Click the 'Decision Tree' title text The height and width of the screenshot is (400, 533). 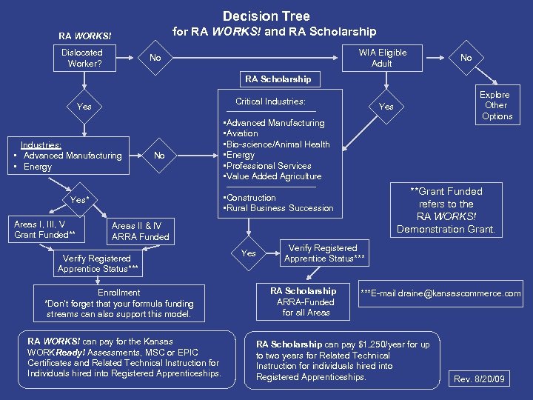tap(266, 16)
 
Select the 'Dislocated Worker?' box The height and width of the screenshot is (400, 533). tap(82, 58)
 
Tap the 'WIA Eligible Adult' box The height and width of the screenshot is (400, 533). tap(382, 58)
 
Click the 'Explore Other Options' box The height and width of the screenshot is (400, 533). tap(495, 105)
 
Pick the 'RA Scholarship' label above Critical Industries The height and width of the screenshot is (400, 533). tap(278, 79)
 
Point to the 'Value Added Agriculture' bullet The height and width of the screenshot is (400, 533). tap(272, 176)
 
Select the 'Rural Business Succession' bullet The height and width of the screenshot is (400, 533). tap(278, 208)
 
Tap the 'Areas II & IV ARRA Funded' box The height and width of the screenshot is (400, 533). tap(140, 231)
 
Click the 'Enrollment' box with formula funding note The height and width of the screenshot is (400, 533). tap(119, 303)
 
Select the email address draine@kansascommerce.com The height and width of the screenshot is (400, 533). tap(440, 294)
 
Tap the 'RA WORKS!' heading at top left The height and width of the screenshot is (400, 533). tap(85, 36)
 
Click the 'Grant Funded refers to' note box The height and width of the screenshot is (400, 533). tap(446, 210)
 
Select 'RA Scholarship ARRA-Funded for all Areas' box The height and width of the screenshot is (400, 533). tap(306, 301)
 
